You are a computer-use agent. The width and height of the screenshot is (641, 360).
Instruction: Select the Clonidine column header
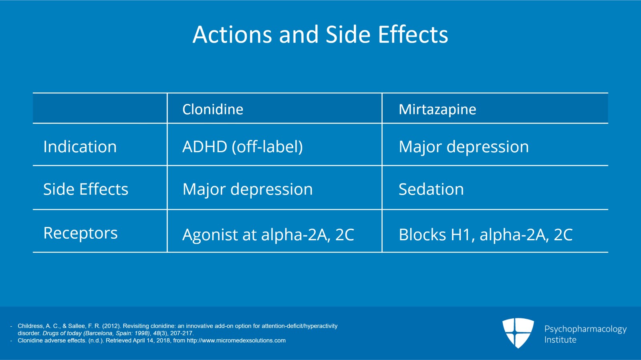[x=213, y=109]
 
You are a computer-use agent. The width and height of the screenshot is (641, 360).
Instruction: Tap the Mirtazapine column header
[x=437, y=109]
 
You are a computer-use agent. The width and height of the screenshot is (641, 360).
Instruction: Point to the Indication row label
[x=80, y=147]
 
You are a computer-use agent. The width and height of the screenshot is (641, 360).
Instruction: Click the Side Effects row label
[x=86, y=189]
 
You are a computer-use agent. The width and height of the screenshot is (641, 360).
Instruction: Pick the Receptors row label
[x=81, y=233]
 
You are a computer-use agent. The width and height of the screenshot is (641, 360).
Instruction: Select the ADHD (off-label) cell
[x=242, y=147]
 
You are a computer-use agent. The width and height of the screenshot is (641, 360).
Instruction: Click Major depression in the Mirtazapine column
[x=464, y=147]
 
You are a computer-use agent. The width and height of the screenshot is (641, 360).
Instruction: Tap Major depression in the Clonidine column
[x=248, y=189]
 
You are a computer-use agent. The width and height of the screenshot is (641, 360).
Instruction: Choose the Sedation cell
[x=431, y=189]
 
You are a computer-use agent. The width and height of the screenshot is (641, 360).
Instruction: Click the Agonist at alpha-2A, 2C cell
[x=268, y=235]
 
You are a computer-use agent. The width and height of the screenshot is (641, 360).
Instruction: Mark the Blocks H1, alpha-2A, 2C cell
[x=485, y=235]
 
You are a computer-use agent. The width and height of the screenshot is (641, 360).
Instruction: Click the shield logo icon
[x=518, y=332]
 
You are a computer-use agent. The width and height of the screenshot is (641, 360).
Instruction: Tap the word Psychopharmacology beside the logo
[x=585, y=329]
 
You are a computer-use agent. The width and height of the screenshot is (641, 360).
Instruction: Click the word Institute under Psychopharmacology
[x=560, y=340]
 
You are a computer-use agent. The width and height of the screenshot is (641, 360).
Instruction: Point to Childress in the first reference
[x=30, y=326]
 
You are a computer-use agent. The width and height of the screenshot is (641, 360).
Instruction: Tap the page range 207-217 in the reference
[x=181, y=333]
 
